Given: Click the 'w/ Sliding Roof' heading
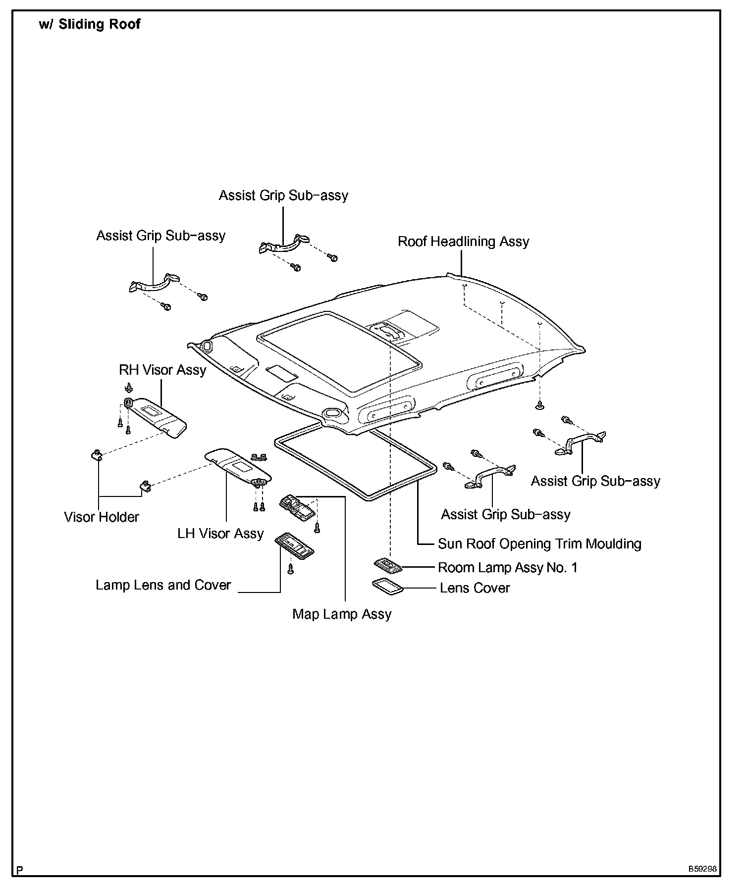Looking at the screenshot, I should pos(90,24).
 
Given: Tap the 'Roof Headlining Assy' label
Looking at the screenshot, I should pos(463,242).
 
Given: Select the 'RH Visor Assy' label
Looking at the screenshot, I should pos(162,370).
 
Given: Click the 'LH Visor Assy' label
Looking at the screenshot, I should pos(220,534).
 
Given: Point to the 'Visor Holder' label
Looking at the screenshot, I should pos(102,517).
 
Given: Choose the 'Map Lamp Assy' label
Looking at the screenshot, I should pos(342,614).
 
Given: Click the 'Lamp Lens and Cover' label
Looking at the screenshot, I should pos(163,585).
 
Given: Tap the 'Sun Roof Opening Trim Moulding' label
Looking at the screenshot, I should pos(539,543).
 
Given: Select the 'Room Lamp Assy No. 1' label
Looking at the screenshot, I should pos(508,567).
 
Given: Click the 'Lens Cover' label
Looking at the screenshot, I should pos(475,588).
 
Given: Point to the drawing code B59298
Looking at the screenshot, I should pos(701,869).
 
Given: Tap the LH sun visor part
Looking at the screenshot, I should pos(238,465).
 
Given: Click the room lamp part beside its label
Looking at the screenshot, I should pos(388,565).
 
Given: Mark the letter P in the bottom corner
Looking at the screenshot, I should pos(19,869).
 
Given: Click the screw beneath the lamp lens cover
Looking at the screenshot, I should pos(291,570).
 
